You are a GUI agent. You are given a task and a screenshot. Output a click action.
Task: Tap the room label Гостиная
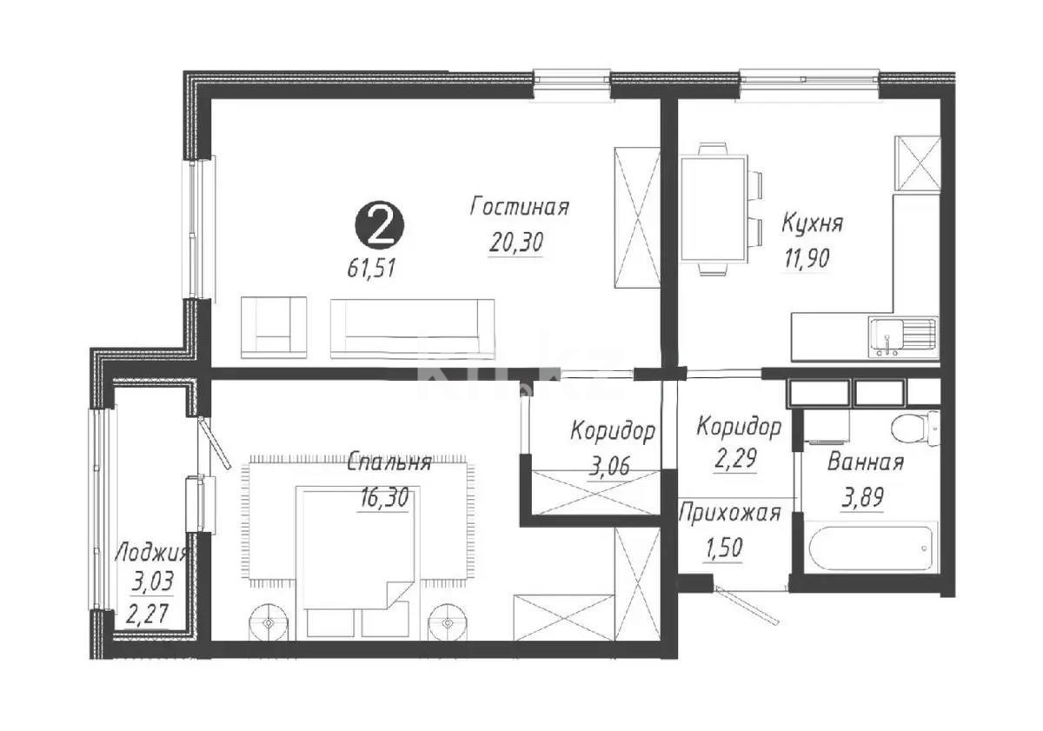[x=519, y=207]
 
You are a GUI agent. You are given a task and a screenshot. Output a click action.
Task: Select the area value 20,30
[x=516, y=243]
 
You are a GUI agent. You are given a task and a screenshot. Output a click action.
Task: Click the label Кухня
[x=812, y=223]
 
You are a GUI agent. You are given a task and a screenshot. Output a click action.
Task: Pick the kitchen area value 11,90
[x=804, y=258]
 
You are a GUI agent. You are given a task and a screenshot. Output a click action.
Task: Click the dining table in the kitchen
[x=714, y=209]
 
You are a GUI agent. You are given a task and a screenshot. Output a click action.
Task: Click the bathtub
[x=870, y=547]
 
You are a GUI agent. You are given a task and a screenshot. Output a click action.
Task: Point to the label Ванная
[x=865, y=462]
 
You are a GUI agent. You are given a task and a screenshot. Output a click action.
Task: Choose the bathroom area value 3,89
[x=862, y=498]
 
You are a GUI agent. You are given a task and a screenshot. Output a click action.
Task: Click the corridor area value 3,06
[x=612, y=467]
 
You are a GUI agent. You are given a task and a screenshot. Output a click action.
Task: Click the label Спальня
[x=389, y=463]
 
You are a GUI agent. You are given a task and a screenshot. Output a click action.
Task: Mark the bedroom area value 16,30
[x=384, y=499]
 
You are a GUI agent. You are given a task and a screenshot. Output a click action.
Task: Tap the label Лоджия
[x=151, y=553]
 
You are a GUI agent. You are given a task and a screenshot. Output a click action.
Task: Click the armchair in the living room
[x=274, y=326]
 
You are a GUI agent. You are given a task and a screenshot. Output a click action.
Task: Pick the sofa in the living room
[x=412, y=328]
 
